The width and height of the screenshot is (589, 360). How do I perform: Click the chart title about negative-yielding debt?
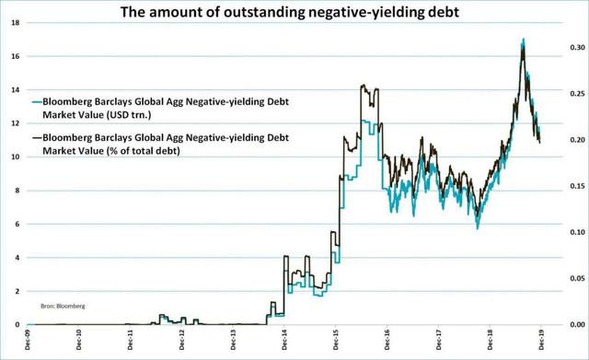(x=290, y=12)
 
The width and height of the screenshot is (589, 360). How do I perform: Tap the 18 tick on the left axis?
(x=16, y=23)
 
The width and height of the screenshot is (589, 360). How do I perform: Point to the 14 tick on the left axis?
(x=16, y=90)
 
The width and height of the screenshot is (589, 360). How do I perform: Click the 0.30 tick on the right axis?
(x=577, y=47)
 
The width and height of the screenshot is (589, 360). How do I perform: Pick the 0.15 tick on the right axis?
(x=577, y=186)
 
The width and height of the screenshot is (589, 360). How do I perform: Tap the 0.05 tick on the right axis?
(x=577, y=278)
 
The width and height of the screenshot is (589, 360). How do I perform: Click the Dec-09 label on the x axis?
(x=28, y=340)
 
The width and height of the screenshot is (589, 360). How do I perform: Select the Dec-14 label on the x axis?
(x=284, y=340)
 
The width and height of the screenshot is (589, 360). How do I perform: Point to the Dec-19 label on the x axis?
(x=541, y=340)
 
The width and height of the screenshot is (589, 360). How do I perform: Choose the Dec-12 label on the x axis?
(x=182, y=340)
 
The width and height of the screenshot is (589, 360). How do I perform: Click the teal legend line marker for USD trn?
(x=37, y=102)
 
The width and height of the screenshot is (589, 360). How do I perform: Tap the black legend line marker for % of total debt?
(x=37, y=138)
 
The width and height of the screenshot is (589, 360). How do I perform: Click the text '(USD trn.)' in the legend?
(x=129, y=114)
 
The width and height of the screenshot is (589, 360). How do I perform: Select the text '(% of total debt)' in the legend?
(x=144, y=151)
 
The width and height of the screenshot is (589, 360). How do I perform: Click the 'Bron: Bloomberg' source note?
(x=63, y=307)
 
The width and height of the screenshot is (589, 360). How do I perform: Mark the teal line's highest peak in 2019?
(x=524, y=39)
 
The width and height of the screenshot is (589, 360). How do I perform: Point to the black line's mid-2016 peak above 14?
(x=364, y=85)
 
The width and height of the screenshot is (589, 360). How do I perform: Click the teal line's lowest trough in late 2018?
(x=478, y=228)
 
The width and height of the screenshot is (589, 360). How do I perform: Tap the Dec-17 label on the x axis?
(x=438, y=340)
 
